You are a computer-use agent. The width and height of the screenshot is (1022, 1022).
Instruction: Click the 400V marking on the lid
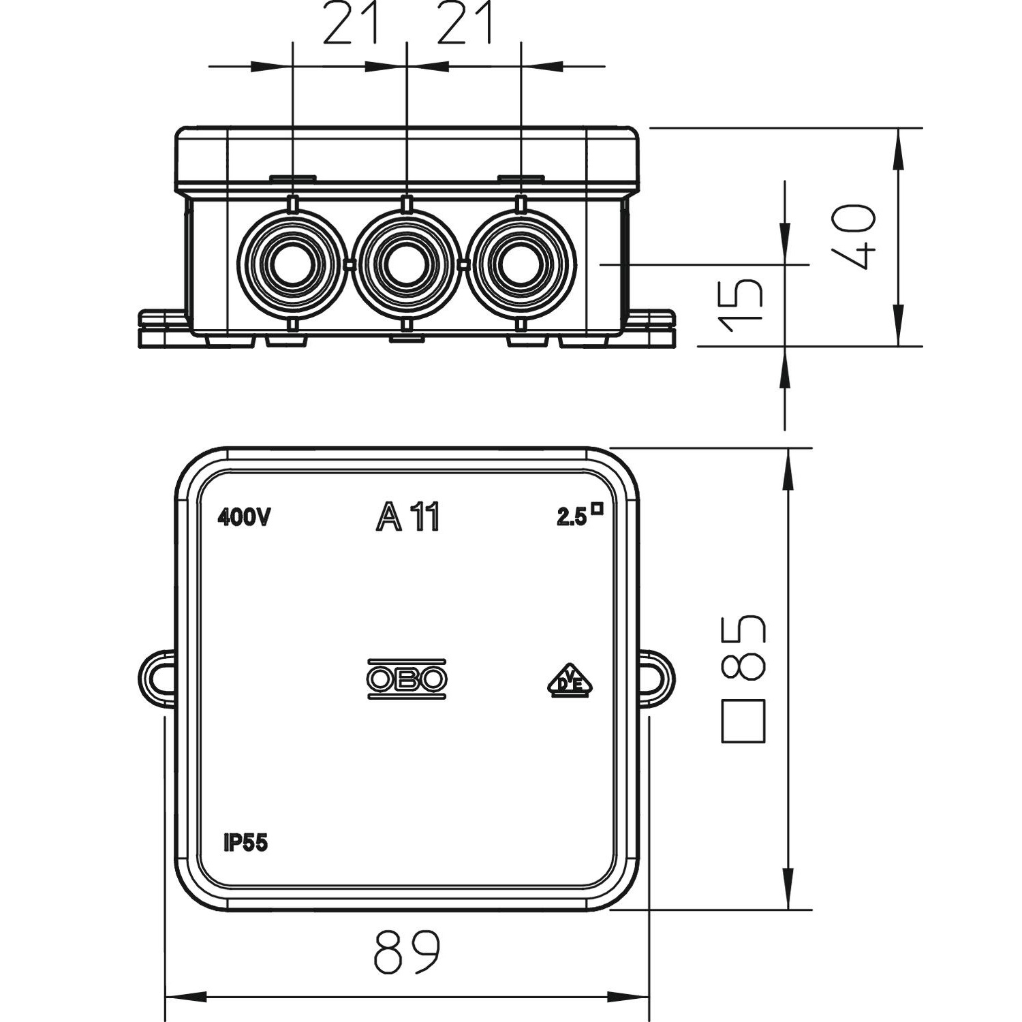click(245, 518)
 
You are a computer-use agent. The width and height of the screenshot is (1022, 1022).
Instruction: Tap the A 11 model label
click(408, 516)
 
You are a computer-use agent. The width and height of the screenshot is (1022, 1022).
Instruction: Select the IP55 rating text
click(245, 843)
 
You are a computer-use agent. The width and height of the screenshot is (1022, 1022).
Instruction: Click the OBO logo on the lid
click(407, 679)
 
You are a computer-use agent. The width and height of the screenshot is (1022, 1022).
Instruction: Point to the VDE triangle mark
click(570, 680)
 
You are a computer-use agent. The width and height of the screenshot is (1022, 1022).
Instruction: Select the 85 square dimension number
click(744, 647)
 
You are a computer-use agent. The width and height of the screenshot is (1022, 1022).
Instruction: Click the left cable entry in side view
click(292, 264)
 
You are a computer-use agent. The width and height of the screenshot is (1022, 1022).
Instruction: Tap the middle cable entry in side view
click(407, 264)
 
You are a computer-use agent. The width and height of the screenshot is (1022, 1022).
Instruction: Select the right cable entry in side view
click(521, 264)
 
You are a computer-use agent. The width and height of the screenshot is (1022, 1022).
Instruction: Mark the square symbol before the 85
click(744, 721)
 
